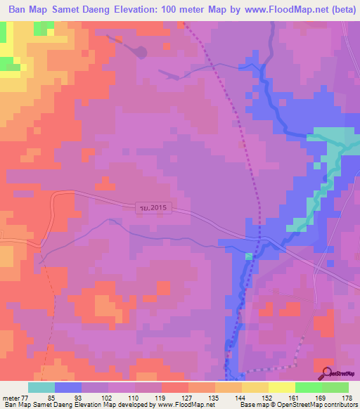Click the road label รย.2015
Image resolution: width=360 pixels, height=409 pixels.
[x=155, y=207]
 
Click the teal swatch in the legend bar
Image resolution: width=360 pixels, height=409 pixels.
[x=41, y=387]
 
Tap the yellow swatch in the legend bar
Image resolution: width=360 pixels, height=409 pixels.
[x=282, y=387]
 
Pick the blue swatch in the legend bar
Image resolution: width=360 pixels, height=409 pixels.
[x=68, y=387]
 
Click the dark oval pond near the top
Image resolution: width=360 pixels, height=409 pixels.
[x=141, y=51]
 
